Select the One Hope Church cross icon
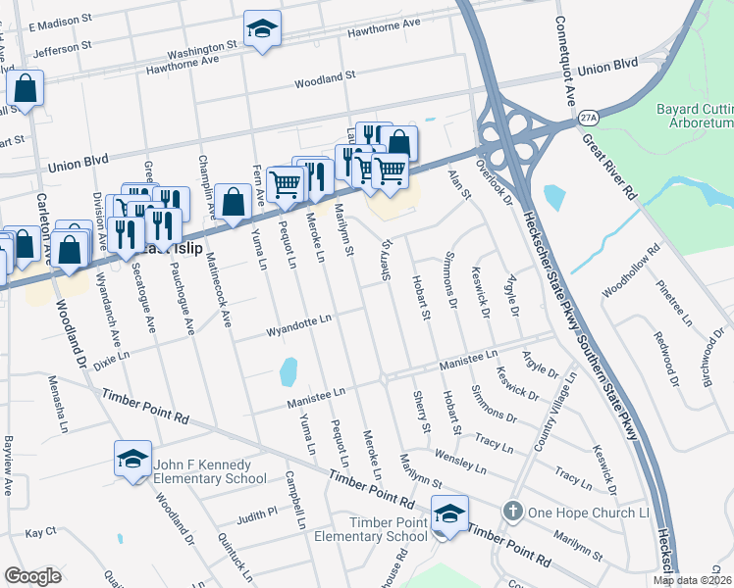512,513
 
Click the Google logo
32,576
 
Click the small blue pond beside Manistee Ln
288,371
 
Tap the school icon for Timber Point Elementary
449,514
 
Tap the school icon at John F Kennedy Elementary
131,459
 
